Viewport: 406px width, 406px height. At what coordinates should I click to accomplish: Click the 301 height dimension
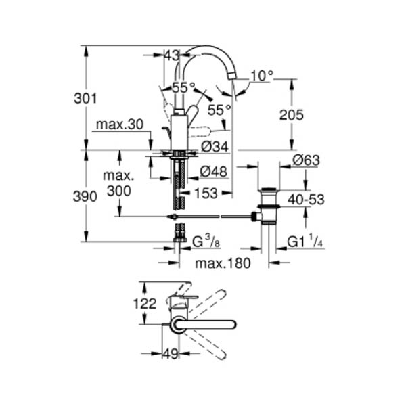(x=85, y=99)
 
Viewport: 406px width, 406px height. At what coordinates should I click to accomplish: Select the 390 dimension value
(x=85, y=196)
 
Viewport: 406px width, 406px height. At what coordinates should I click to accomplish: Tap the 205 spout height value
(x=291, y=115)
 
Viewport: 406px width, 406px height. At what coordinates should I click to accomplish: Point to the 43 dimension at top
(x=172, y=55)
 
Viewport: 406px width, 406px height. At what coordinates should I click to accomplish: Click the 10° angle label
(x=262, y=76)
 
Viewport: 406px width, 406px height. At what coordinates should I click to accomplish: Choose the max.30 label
(x=120, y=125)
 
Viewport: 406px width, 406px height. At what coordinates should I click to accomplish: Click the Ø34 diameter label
(x=215, y=147)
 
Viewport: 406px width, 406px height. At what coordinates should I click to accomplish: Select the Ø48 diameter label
(x=214, y=171)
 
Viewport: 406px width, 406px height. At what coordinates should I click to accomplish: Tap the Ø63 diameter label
(x=306, y=160)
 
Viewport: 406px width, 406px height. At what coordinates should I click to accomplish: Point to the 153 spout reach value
(x=206, y=194)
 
